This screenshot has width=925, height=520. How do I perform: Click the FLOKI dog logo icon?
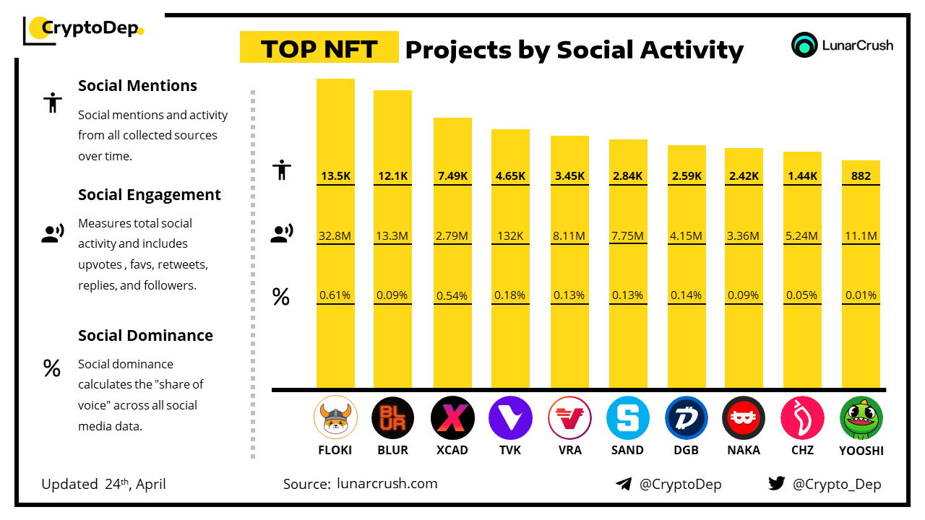[x=335, y=418]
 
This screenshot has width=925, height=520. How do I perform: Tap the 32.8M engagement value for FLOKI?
[x=335, y=235]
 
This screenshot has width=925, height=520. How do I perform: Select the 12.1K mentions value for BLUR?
[x=392, y=175]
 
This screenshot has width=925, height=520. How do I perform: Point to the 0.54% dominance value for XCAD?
[x=452, y=295]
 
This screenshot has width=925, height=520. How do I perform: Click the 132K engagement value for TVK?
[x=510, y=235]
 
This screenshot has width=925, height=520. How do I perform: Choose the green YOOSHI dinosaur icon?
[x=861, y=418]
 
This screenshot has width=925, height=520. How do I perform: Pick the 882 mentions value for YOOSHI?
[x=861, y=175]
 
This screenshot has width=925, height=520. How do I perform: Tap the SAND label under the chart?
[x=627, y=450]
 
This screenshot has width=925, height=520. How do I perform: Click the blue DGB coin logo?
[x=687, y=418]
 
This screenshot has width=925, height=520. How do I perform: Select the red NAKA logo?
[x=744, y=418]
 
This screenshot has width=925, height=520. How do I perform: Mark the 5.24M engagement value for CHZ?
[x=802, y=235]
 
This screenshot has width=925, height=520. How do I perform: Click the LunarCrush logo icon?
[x=804, y=45]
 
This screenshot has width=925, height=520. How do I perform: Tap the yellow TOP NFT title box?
[x=319, y=48]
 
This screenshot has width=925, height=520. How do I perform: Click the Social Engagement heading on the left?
[x=150, y=195]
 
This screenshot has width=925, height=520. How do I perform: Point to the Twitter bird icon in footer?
[x=776, y=483]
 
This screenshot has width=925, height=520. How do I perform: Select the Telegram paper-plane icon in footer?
[x=624, y=484]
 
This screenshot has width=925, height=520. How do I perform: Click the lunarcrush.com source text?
[x=387, y=484]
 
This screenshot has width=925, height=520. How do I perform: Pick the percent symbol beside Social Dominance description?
[x=51, y=369]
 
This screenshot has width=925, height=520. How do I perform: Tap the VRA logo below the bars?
[x=569, y=418]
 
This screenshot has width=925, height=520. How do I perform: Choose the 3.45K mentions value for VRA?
[x=569, y=175]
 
